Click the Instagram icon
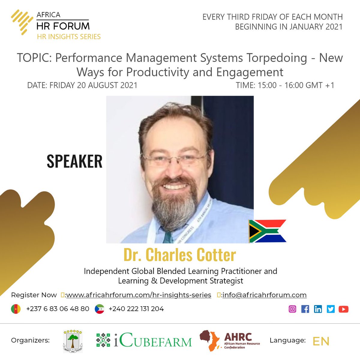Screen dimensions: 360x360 [x=292, y=309]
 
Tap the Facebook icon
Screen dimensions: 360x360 [x=305, y=309]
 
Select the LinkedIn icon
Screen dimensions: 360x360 [x=318, y=309]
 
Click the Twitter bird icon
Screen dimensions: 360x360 [x=331, y=309]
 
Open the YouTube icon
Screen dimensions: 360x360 [x=343, y=309]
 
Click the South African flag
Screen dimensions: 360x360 [x=267, y=231]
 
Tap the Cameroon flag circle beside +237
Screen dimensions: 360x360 [x=16, y=309]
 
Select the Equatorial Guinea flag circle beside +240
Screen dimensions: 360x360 [x=99, y=309]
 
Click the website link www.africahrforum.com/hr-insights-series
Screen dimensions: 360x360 [x=138, y=295]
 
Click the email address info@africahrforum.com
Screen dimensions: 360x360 [x=264, y=295]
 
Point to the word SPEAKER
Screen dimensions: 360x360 [x=74, y=161]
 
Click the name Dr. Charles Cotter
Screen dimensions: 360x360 [x=180, y=255]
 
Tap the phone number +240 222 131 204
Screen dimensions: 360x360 [x=136, y=309]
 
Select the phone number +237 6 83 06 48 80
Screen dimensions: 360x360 [x=58, y=309]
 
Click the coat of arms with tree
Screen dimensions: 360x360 [x=73, y=341]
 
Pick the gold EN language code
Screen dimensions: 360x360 [x=321, y=341]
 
